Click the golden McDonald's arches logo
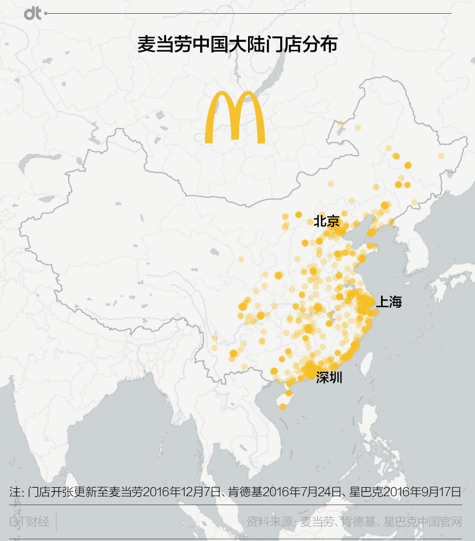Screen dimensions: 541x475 pyautogui.click(x=234, y=117)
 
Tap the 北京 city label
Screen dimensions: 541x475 pyautogui.click(x=327, y=221)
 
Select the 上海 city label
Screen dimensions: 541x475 pyautogui.click(x=389, y=302)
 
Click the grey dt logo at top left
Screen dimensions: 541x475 pyautogui.click(x=32, y=14)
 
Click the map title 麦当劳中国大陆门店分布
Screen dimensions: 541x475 pyautogui.click(x=237, y=45)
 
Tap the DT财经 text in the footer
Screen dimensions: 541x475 pyautogui.click(x=30, y=522)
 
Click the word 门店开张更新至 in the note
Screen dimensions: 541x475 pyautogui.click(x=68, y=492)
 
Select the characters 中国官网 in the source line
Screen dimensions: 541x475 pyautogui.click(x=441, y=522)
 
